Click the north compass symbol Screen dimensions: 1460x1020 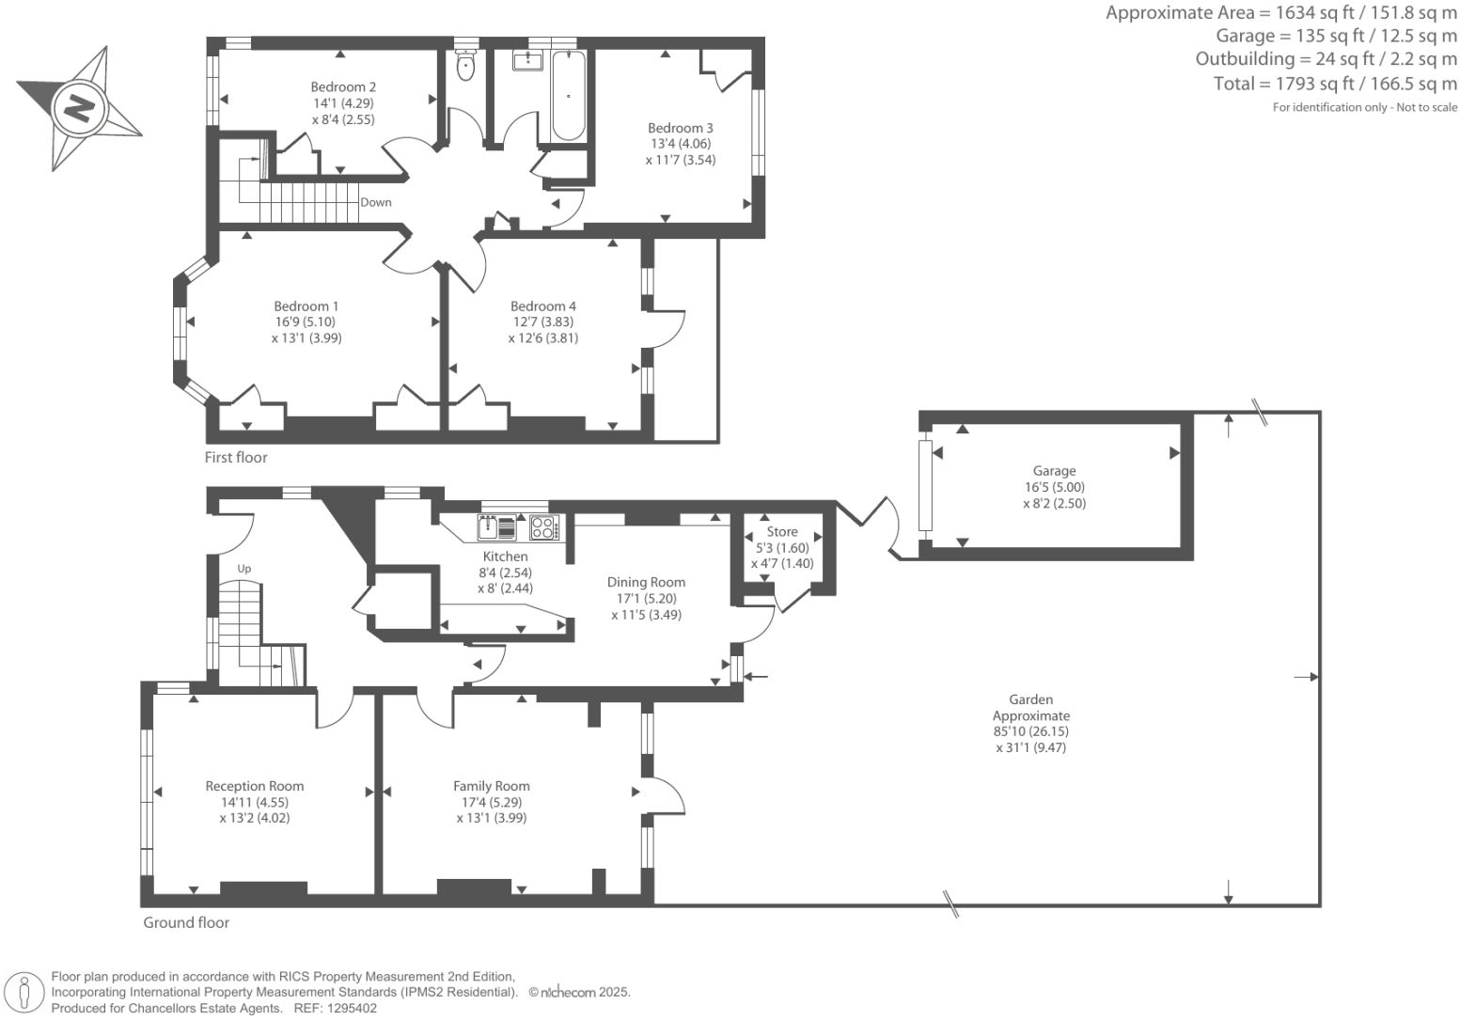(x=80, y=108)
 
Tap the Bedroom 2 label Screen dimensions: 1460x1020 (x=343, y=86)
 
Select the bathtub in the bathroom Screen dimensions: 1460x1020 (x=569, y=95)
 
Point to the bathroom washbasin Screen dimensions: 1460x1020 (x=527, y=60)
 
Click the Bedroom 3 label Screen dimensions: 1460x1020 (x=680, y=128)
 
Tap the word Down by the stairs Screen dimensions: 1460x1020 (x=376, y=203)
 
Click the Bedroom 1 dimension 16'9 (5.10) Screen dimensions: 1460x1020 (x=306, y=322)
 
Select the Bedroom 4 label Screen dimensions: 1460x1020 (x=543, y=306)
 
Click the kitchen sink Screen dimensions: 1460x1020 (x=497, y=527)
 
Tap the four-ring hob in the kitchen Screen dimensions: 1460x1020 (x=543, y=527)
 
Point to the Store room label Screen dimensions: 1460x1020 (x=782, y=532)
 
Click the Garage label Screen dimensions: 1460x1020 (x=1054, y=471)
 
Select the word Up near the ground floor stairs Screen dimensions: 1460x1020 (x=243, y=569)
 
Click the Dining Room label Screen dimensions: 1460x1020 (x=646, y=582)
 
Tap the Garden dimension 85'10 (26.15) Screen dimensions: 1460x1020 (x=1031, y=732)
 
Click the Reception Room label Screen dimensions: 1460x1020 (x=254, y=786)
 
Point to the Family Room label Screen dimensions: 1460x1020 (x=492, y=786)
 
